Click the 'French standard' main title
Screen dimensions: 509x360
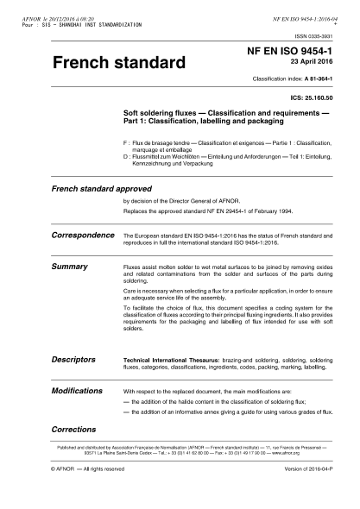pyautogui.click(x=119, y=63)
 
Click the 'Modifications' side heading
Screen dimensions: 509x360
pyautogui.click(x=78, y=390)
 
